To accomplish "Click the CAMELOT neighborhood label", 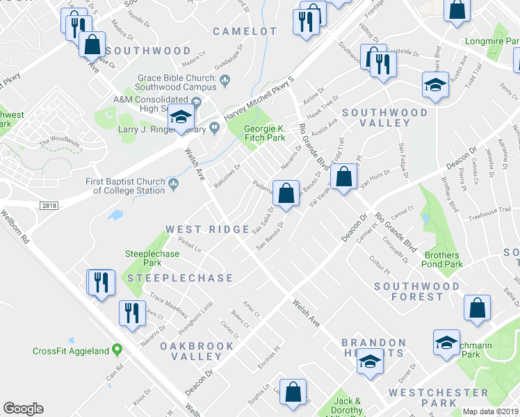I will [x=245, y=31].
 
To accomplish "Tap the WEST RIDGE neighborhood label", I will [x=207, y=229].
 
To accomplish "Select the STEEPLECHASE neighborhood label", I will [x=179, y=278].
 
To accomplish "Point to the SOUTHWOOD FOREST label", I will [x=416, y=291].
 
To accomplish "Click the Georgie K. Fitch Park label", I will [x=264, y=133].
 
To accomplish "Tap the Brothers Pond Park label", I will [x=443, y=259].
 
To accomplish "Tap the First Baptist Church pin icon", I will [x=173, y=183].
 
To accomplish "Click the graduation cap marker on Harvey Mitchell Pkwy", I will [x=181, y=117].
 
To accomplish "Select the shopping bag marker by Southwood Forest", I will [x=478, y=309].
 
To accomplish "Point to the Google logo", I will [x=23, y=408].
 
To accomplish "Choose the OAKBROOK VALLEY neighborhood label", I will [x=191, y=351].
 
